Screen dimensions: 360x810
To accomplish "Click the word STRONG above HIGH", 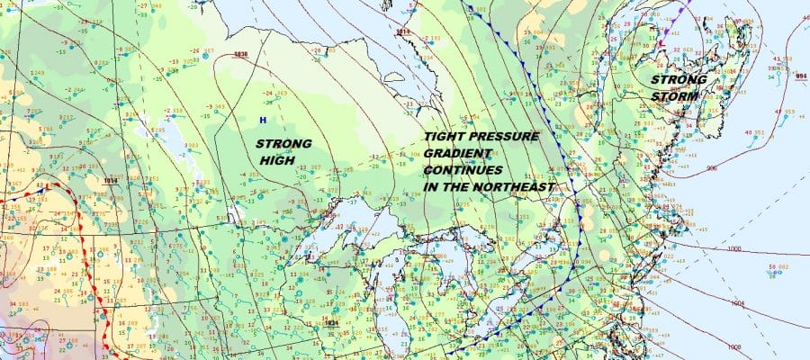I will [x=283, y=143].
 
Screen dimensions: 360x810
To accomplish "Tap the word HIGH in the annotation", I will [x=276, y=159].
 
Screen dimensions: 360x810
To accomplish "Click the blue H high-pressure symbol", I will [x=263, y=120].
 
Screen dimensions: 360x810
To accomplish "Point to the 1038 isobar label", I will [x=239, y=54].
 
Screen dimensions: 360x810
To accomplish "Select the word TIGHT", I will [x=446, y=137].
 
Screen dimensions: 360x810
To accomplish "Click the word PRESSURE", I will [x=505, y=137].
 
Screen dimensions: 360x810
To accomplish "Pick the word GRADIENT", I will [x=458, y=153].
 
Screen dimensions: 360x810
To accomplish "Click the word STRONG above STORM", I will [x=678, y=79].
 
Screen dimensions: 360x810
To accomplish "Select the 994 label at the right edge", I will [x=801, y=76].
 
